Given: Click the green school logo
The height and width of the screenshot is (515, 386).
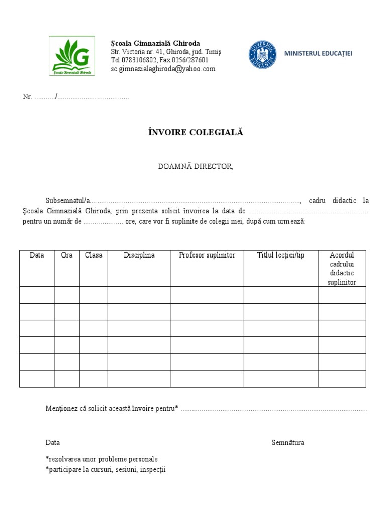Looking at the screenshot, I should tap(72, 56).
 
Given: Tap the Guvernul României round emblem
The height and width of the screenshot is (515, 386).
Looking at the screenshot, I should tap(262, 55).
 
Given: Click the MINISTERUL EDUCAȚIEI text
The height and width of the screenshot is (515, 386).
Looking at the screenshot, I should tap(318, 53).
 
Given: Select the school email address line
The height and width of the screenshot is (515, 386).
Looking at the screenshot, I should tap(163, 69).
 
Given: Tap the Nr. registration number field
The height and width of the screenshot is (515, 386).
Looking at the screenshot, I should tap(75, 97).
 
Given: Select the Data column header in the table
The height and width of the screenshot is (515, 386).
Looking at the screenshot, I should tap(37, 255).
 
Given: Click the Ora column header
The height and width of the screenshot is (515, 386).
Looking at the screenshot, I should tap(67, 255).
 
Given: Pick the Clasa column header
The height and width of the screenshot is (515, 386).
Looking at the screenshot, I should tap(93, 255).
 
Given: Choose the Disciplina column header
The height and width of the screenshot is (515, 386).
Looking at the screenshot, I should tap(139, 255).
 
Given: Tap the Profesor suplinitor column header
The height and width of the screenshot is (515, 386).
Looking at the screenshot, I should tap(207, 255).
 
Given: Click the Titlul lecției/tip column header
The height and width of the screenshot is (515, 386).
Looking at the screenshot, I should tap(280, 255).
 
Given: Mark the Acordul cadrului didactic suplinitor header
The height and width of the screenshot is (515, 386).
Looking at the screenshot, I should tap(342, 269).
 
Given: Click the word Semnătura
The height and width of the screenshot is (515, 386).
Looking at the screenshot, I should tap(287, 443).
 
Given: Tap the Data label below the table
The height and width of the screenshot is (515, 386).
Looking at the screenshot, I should tap(53, 443).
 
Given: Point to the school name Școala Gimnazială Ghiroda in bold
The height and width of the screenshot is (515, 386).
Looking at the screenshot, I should tap(155, 43).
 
